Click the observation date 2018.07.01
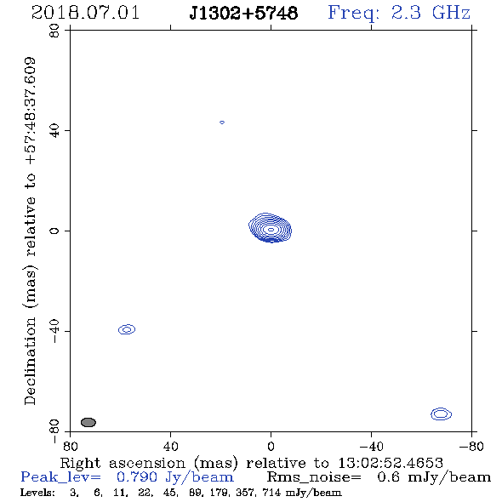(x=85, y=13)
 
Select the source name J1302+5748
(x=243, y=13)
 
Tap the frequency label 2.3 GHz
(x=431, y=13)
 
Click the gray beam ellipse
(x=88, y=422)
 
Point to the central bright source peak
(x=271, y=230)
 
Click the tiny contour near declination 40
(x=222, y=123)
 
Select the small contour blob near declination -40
(x=127, y=329)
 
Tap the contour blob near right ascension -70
(x=442, y=414)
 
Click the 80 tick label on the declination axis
(x=54, y=31)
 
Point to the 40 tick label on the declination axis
(x=54, y=131)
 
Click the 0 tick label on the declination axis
(x=54, y=231)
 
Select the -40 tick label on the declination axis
(x=54, y=331)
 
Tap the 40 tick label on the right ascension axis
(x=170, y=446)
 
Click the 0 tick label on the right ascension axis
(x=271, y=446)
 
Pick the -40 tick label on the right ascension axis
(x=371, y=446)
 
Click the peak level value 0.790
(x=137, y=477)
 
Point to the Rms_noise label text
(x=314, y=477)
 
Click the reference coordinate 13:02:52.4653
(x=391, y=463)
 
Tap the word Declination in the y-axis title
(x=30, y=362)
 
